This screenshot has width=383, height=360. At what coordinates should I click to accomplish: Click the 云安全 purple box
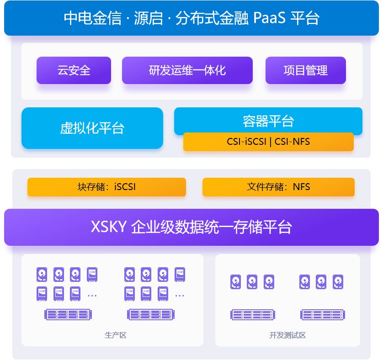pos(74,70)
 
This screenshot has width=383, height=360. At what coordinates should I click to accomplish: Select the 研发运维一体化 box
pos(187,70)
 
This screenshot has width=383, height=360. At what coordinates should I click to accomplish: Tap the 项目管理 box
pos(305,70)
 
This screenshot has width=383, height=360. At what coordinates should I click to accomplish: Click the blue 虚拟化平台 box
pos(92,128)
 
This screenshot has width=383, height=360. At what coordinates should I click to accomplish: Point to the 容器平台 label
pos(268,121)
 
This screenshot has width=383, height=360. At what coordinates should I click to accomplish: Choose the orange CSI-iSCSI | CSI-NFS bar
pos(268,142)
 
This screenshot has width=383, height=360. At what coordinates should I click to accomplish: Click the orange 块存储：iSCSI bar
pos(106,187)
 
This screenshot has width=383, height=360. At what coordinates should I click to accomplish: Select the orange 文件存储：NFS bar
pos(278,187)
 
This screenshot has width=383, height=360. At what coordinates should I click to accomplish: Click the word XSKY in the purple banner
pos(108,227)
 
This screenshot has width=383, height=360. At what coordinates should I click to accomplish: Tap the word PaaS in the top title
pos(269,18)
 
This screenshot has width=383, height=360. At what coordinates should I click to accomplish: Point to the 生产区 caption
pos(115,335)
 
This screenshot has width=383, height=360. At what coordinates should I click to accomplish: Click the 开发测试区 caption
pos(287,335)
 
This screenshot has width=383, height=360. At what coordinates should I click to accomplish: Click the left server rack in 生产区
pos(69,314)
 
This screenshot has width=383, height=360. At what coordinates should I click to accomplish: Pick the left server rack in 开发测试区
pos(253,314)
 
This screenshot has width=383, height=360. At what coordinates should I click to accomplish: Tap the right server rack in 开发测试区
pos(323,314)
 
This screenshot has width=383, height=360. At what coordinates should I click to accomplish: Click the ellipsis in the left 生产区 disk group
pos(92,296)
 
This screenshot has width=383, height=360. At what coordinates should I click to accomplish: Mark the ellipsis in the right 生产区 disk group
pos(180,296)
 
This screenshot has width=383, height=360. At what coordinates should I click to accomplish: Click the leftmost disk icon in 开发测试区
pos(235,281)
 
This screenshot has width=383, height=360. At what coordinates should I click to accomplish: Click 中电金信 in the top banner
pos(92,18)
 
